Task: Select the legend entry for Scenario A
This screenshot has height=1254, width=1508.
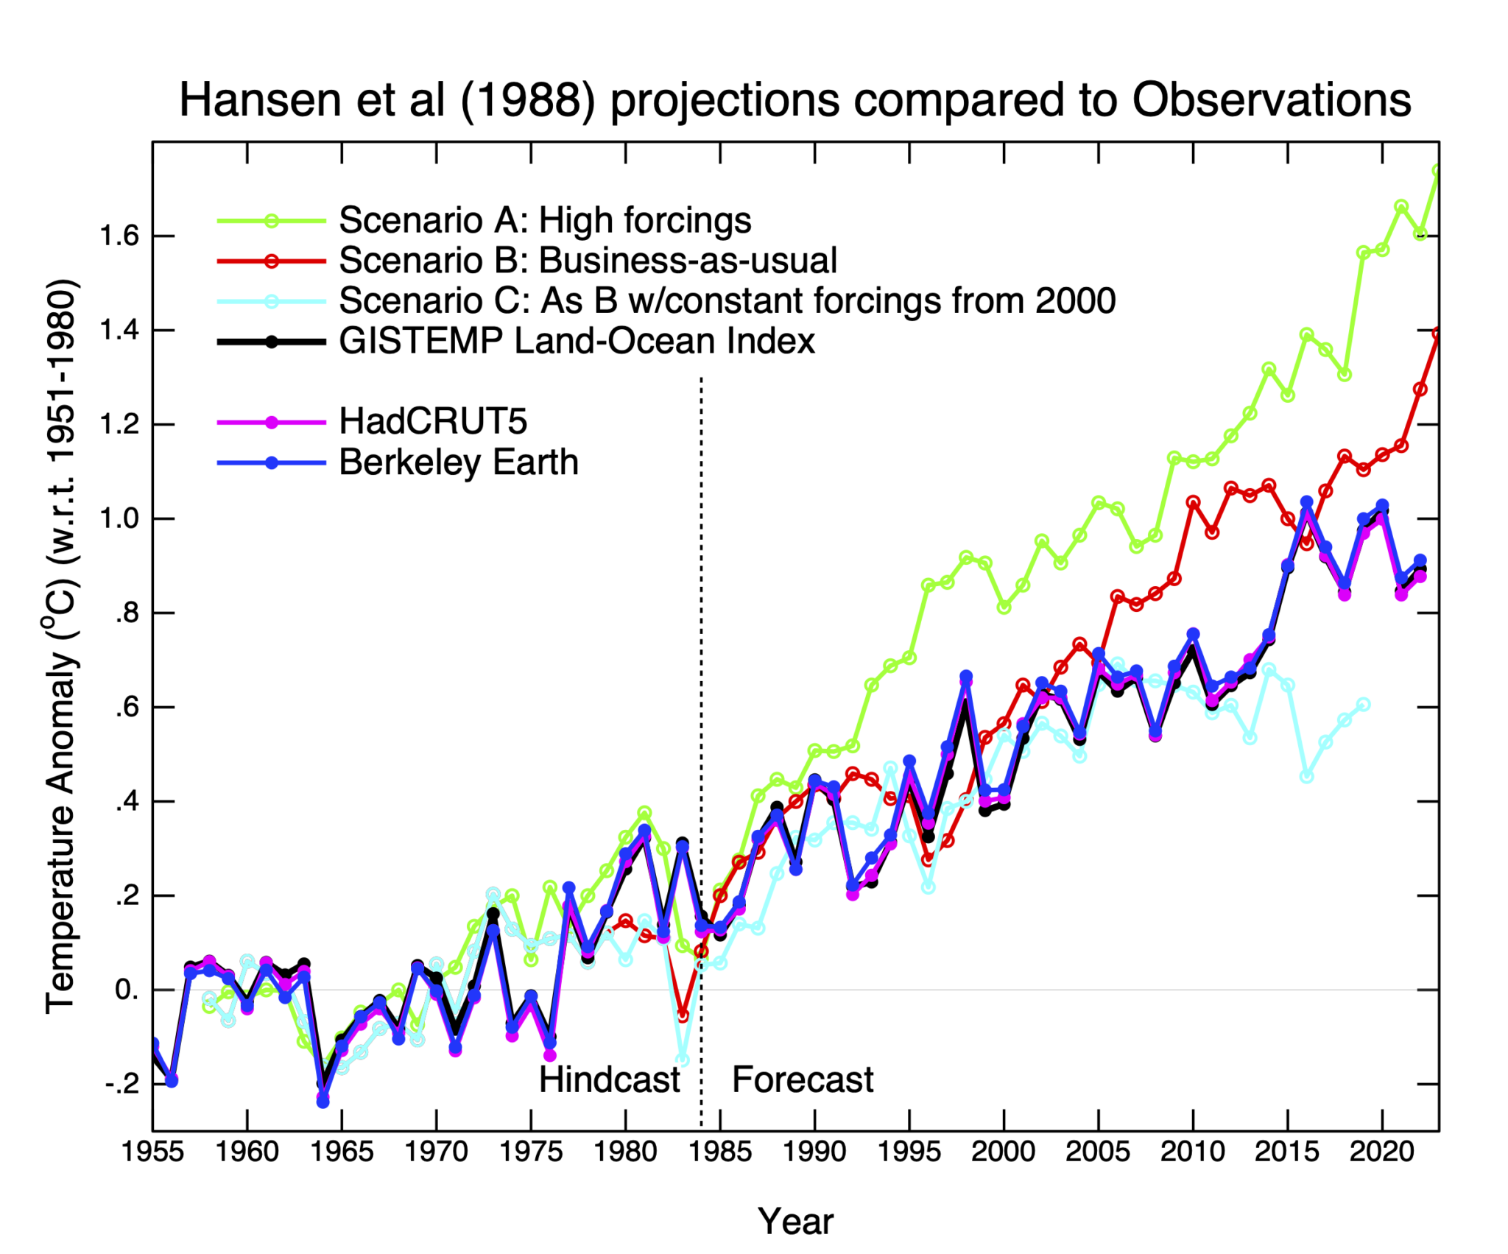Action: click(x=544, y=220)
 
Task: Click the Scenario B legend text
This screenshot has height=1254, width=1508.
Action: click(x=587, y=261)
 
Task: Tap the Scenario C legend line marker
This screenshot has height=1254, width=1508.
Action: click(x=271, y=301)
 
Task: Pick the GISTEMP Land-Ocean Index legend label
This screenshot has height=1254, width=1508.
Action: click(x=577, y=342)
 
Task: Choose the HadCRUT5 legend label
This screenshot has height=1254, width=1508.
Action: click(x=433, y=422)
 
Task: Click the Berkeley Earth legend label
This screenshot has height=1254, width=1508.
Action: click(x=458, y=462)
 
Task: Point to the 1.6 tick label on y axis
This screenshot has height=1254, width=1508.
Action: click(x=119, y=236)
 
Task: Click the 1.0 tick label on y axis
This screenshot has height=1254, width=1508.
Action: click(x=119, y=518)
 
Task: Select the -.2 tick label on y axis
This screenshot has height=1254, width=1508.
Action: click(x=121, y=1084)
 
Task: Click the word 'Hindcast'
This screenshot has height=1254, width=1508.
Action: click(x=609, y=1080)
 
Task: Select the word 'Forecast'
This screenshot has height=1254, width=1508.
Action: click(x=802, y=1080)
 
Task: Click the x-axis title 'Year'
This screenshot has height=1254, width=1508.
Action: click(x=795, y=1222)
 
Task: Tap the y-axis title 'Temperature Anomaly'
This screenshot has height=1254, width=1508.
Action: click(x=60, y=832)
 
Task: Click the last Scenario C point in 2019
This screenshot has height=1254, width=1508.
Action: click(x=1363, y=705)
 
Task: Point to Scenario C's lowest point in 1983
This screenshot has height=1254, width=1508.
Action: click(x=683, y=1060)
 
